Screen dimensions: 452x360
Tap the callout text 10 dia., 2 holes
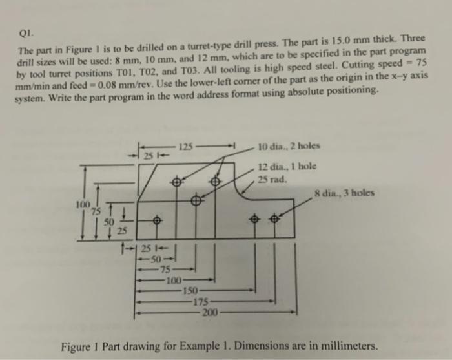[x=289, y=145]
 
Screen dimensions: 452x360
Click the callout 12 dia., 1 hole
[x=287, y=166]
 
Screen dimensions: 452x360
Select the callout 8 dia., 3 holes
[x=345, y=193]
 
